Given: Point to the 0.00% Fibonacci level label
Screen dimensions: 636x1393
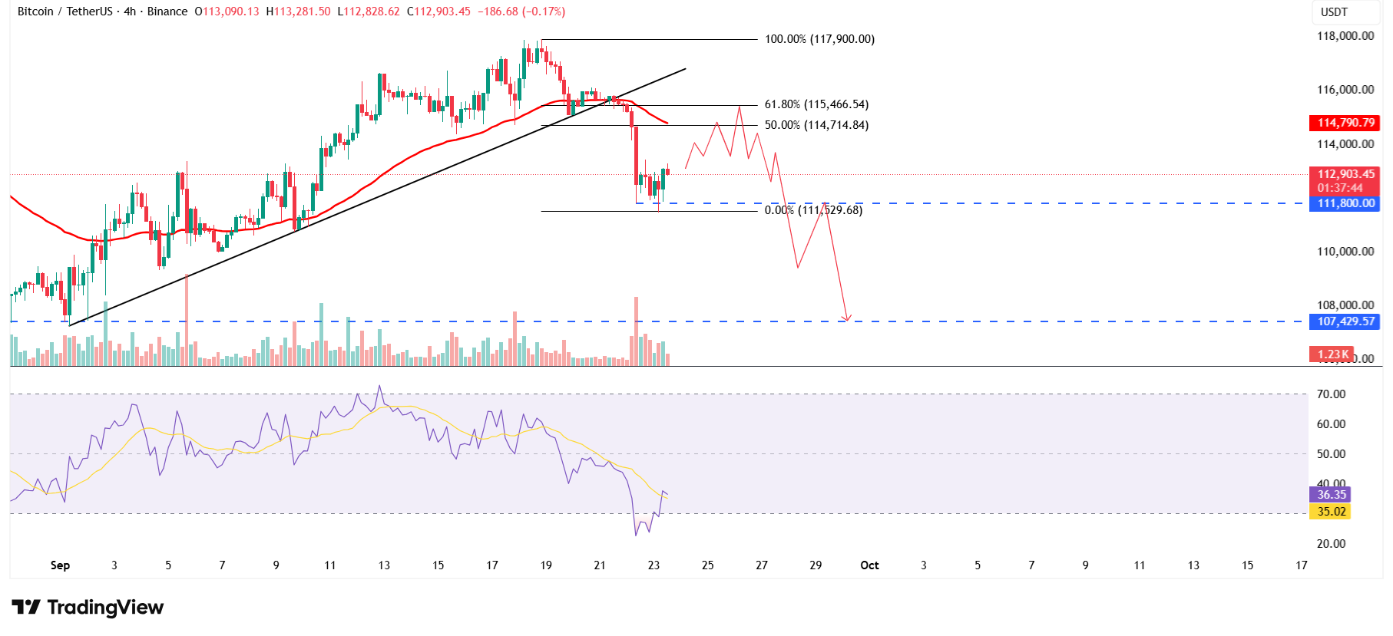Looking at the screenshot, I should (813, 210).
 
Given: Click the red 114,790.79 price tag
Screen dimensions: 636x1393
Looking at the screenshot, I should (1345, 123).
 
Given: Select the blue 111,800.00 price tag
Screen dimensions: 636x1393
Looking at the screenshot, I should (1345, 203).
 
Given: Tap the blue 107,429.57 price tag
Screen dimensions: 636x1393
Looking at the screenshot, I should (1345, 321).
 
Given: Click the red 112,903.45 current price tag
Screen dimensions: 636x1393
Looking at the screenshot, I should (1345, 175).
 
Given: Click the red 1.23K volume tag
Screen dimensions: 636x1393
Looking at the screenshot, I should (1332, 354).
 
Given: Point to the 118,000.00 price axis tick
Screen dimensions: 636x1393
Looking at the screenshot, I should (1345, 36).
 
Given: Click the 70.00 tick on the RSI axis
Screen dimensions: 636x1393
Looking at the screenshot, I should (1331, 394).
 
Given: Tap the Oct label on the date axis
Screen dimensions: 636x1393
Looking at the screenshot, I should (869, 565).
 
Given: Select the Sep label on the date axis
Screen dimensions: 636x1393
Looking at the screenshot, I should (60, 565).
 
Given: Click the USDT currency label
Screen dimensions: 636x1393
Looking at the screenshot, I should (1334, 12).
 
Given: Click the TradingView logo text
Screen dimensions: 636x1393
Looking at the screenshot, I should (105, 608).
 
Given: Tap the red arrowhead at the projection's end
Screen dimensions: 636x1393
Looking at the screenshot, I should (846, 318).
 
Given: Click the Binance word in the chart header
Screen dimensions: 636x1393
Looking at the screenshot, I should (167, 12).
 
